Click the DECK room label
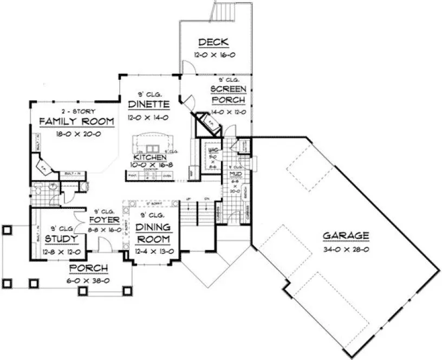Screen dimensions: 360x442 pos(214,42)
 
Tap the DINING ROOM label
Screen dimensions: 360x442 pos(153,232)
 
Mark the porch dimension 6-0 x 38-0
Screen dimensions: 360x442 pos(89,280)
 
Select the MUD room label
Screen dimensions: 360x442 pos(235,174)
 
